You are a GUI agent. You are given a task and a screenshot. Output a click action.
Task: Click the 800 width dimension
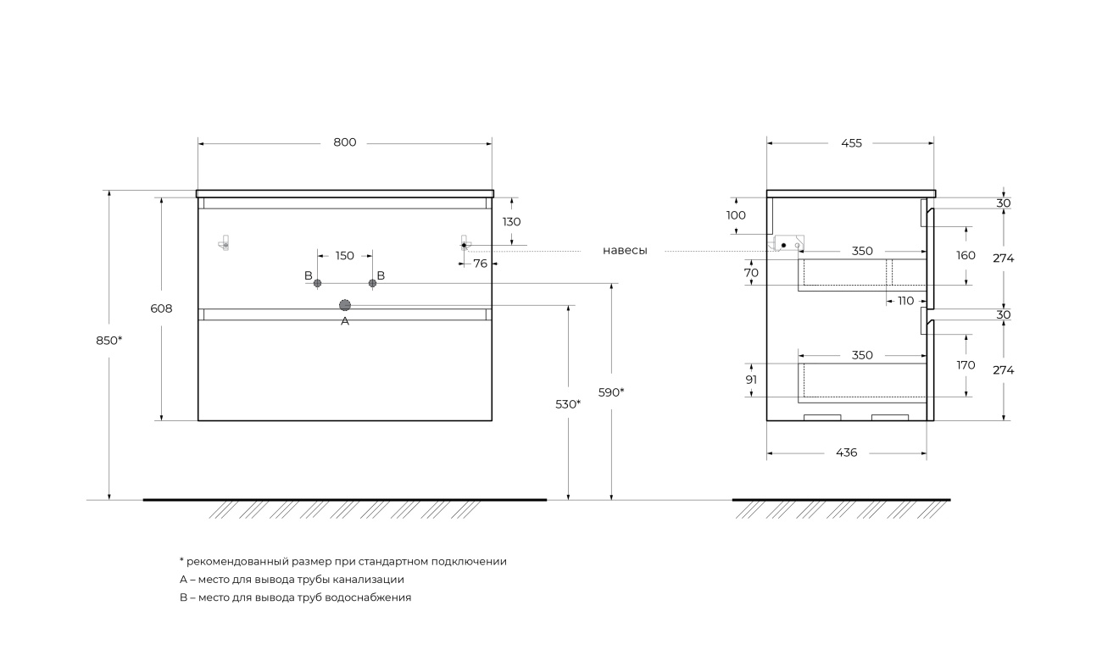tap(344, 142)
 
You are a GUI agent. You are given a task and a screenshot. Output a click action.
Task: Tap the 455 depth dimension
tap(851, 143)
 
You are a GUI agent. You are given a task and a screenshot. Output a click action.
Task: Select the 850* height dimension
tap(109, 341)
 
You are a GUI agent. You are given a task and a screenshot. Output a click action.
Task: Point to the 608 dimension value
tap(161, 308)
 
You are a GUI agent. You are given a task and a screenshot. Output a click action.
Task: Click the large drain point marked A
tap(345, 305)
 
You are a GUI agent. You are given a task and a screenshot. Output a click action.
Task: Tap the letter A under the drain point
tap(345, 322)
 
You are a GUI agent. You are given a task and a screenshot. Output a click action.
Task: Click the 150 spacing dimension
tap(344, 255)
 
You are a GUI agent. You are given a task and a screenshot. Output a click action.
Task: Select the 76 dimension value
tap(481, 264)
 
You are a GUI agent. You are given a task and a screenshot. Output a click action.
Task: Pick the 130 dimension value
tap(512, 221)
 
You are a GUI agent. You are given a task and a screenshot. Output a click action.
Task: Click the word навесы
tap(625, 251)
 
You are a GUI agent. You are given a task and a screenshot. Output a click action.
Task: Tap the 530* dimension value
tap(568, 404)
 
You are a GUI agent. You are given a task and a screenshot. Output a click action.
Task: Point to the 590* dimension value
tap(611, 392)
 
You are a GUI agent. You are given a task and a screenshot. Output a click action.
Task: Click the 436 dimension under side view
tap(846, 453)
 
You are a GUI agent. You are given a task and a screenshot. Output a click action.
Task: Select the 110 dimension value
tap(906, 301)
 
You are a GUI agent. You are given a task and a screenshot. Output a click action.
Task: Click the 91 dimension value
tap(751, 380)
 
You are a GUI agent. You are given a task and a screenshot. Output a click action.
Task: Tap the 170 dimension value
tap(966, 365)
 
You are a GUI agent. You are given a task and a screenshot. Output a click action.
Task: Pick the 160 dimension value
tap(966, 255)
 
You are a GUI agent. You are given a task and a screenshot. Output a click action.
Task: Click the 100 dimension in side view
tap(736, 215)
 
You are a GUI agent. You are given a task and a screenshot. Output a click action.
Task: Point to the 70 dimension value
tap(751, 273)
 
